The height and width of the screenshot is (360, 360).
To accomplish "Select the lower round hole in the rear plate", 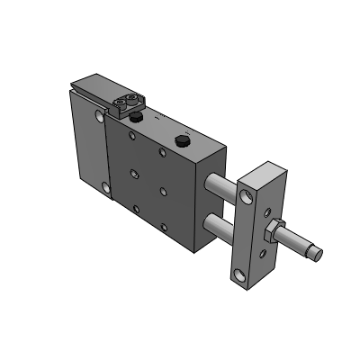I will pyautogui.click(x=108, y=188).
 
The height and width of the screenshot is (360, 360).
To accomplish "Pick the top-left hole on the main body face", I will pyautogui.click(x=133, y=136).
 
